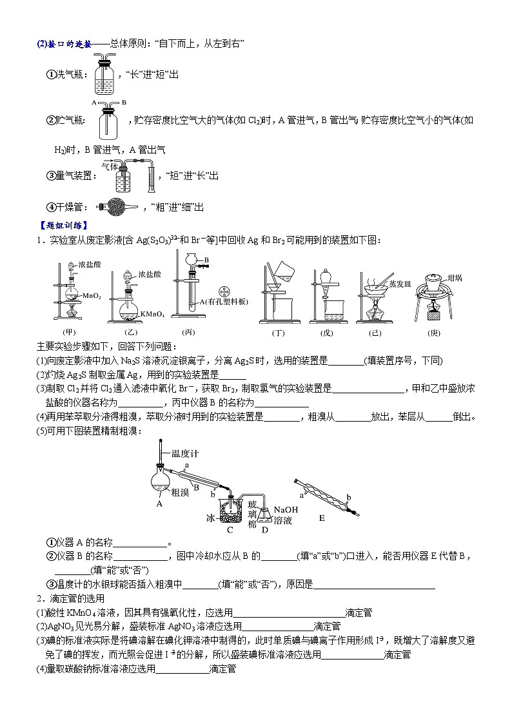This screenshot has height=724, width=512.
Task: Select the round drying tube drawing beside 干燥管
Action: (x=117, y=207)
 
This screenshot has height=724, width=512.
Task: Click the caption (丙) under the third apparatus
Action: (x=188, y=333)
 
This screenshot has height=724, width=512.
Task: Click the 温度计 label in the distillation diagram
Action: (x=185, y=453)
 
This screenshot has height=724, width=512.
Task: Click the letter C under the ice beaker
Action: (x=230, y=530)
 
